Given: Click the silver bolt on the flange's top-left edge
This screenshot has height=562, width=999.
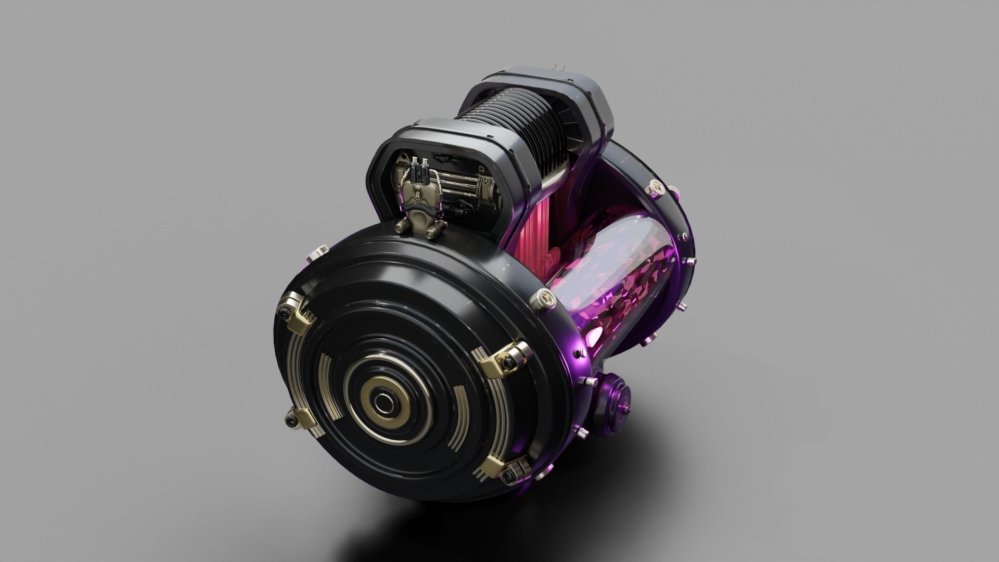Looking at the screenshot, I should click(x=316, y=255).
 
